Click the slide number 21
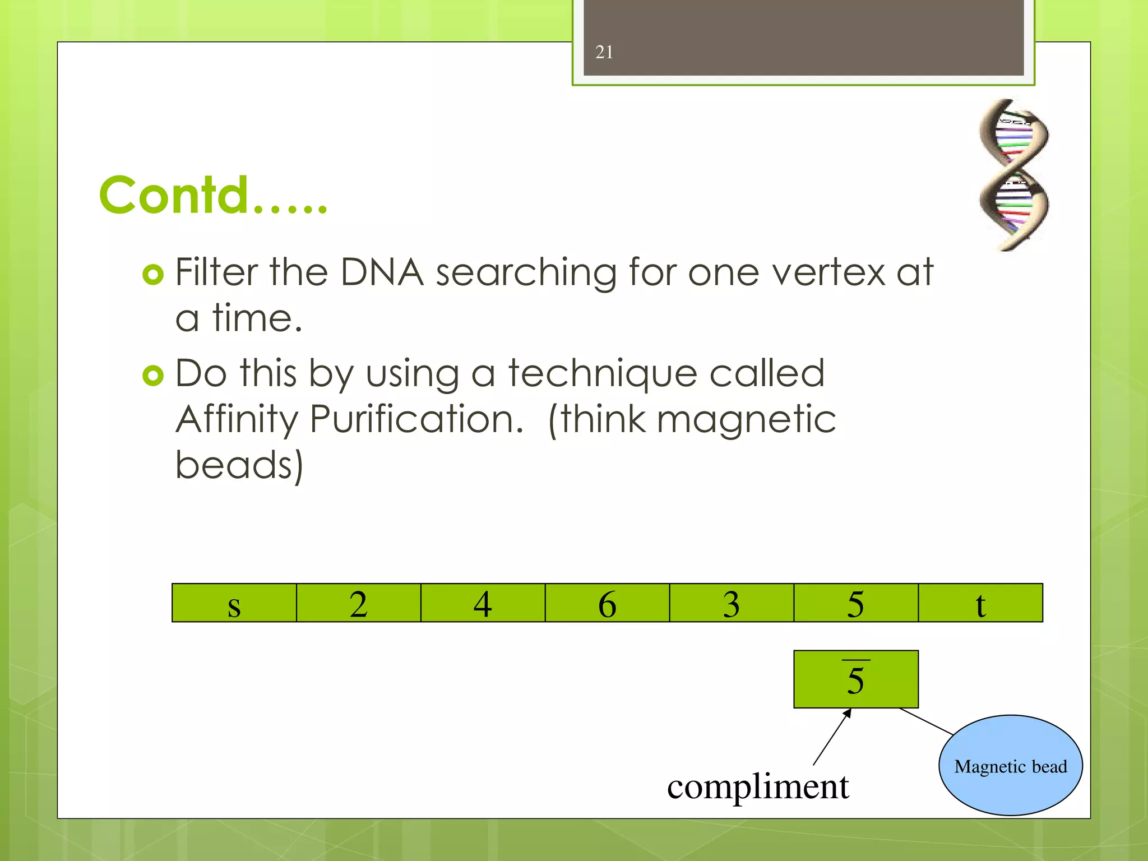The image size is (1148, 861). (604, 52)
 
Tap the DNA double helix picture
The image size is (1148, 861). (1013, 174)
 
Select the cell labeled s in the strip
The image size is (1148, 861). (234, 603)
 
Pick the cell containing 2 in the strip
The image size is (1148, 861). (358, 603)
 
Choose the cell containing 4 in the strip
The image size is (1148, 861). (483, 603)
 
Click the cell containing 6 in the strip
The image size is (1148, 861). (607, 603)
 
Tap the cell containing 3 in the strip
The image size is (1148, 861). (732, 603)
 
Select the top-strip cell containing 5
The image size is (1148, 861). (856, 603)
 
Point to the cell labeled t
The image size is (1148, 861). (980, 603)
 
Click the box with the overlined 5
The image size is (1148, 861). (856, 679)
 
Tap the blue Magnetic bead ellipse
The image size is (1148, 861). (1011, 765)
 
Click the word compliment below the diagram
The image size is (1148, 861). (758, 786)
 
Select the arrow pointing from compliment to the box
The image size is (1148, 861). (832, 737)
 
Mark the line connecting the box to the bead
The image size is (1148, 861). (926, 721)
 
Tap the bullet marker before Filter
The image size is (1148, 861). (153, 275)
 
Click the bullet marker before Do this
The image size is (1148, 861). (153, 375)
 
